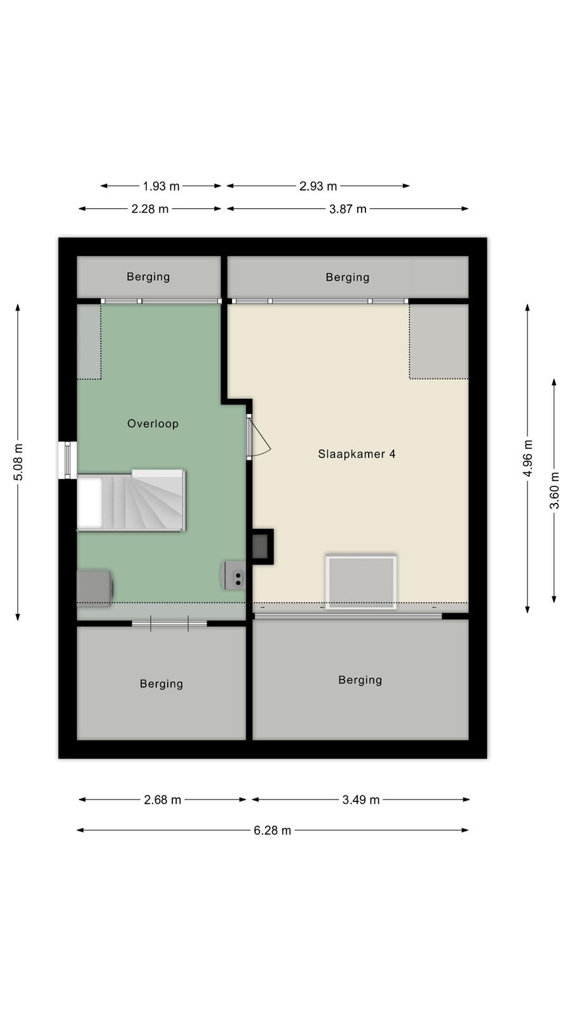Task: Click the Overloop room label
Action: (x=153, y=424)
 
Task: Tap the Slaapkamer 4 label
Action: (x=357, y=454)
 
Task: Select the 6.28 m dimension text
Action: (x=273, y=831)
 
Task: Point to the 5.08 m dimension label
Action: (x=18, y=462)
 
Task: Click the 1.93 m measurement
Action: (x=161, y=186)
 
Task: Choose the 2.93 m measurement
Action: (x=318, y=186)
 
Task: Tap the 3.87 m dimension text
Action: (x=348, y=209)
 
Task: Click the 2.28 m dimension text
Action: (x=150, y=209)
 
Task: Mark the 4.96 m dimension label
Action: (x=528, y=458)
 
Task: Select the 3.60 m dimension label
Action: (x=554, y=490)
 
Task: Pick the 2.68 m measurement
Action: (x=163, y=799)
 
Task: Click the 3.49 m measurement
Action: (x=361, y=799)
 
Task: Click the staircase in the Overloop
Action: (x=131, y=500)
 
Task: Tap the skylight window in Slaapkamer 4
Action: (x=362, y=582)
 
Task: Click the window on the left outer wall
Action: (x=67, y=460)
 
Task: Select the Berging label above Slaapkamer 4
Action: (x=348, y=277)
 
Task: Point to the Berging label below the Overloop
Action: (x=161, y=683)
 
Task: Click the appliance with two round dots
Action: (x=234, y=575)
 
